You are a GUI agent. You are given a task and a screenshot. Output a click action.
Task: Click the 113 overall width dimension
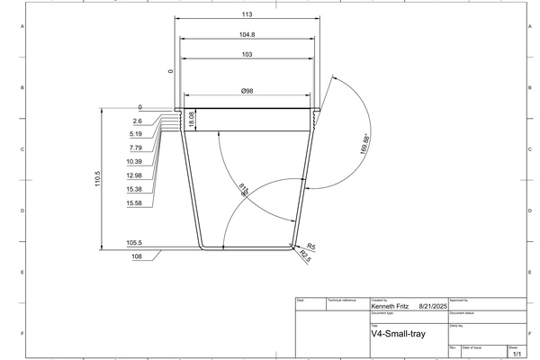point(247,14)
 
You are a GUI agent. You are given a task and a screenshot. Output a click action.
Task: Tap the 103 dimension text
point(247,55)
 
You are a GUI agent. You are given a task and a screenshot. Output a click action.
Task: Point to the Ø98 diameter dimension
point(247,91)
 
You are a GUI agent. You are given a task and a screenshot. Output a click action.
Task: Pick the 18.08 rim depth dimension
point(192,120)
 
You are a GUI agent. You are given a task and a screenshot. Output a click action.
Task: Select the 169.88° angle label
point(364,144)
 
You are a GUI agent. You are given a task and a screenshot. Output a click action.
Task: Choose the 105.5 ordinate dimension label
point(135,243)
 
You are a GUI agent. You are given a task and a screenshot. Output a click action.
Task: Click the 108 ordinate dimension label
point(138,256)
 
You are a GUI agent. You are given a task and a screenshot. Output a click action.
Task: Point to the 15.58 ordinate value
point(135,203)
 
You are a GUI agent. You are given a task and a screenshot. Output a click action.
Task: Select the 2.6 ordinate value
point(137,121)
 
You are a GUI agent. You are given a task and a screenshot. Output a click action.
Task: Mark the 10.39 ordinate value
point(135,161)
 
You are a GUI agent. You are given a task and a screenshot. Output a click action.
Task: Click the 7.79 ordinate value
point(136,148)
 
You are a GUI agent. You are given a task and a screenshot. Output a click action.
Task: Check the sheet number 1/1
point(516,355)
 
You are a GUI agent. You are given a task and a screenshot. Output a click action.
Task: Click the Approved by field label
point(460,299)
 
